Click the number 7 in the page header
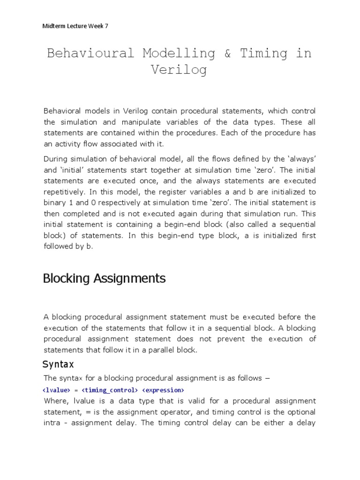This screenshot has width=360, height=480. click(106, 26)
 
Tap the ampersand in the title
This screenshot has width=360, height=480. click(227, 53)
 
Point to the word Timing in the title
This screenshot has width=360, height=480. click(264, 53)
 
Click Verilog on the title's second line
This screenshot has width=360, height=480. click(179, 70)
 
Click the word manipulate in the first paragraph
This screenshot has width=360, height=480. click(137, 122)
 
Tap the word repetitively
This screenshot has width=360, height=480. click(65, 191)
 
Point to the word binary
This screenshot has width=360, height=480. click(55, 202)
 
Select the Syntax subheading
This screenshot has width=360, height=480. click(58, 364)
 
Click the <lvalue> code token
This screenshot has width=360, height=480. click(57, 390)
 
